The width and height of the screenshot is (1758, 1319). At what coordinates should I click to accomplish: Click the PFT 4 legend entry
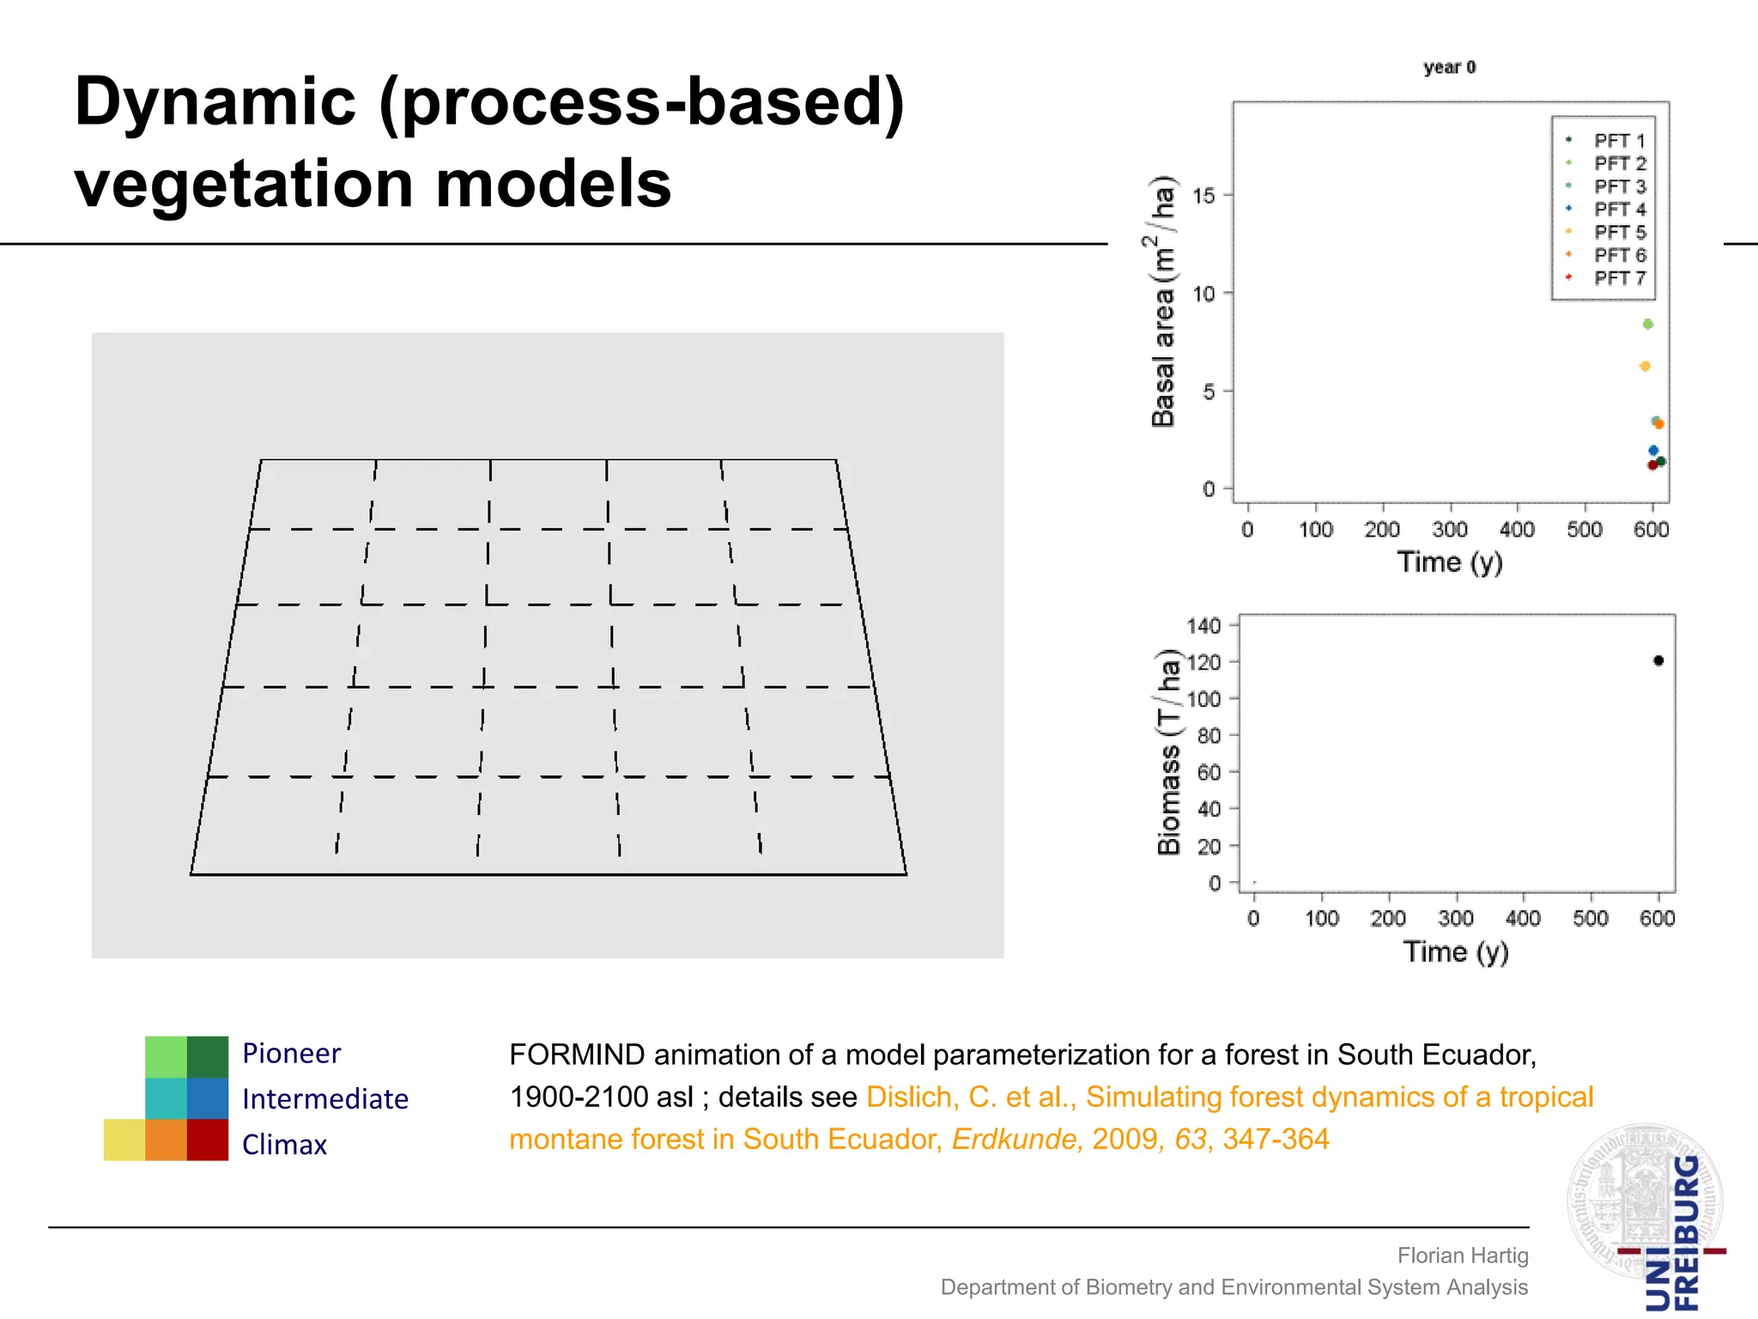tap(1619, 210)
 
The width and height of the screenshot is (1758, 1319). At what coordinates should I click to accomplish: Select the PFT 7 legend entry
tap(1619, 278)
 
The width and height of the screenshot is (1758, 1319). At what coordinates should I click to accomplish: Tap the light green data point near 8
tap(1647, 325)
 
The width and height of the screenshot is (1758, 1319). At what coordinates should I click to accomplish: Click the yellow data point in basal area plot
tap(1645, 367)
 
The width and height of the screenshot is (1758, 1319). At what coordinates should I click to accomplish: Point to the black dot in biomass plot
tap(1658, 660)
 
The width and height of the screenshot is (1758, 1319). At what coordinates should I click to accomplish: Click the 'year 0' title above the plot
tap(1449, 67)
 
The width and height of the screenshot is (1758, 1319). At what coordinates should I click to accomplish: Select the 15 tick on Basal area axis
tap(1204, 196)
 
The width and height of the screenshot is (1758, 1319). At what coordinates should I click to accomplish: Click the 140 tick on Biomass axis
tap(1203, 626)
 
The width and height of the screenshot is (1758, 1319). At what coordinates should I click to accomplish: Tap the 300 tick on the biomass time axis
tap(1456, 919)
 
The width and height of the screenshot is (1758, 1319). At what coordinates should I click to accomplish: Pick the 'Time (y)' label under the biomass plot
tap(1456, 951)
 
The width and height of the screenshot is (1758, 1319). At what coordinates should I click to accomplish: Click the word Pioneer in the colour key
tap(291, 1054)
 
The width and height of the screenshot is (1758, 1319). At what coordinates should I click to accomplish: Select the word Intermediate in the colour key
tap(324, 1099)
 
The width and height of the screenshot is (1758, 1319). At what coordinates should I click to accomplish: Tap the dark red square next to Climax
tap(208, 1140)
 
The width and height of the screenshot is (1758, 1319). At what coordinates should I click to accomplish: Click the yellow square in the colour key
tap(124, 1140)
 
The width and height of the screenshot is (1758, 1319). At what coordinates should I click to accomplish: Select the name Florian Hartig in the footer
tap(1463, 1255)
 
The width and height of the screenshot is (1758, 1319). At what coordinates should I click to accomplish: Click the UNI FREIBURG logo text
tap(1672, 1237)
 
